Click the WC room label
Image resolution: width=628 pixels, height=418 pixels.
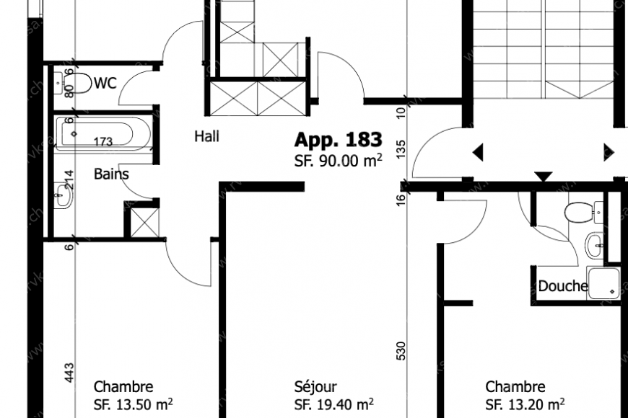click(x=105, y=84)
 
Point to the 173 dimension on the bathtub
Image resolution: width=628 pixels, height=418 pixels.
click(x=103, y=142)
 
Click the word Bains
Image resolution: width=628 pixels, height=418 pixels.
click(x=111, y=174)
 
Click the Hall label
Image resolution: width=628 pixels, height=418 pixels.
click(x=207, y=135)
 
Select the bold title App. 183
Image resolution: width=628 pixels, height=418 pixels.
click(x=338, y=140)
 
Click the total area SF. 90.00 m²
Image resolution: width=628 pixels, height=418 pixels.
click(x=338, y=161)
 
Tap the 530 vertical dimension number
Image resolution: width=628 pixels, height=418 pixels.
click(x=401, y=350)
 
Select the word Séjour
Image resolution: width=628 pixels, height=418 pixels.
click(x=315, y=387)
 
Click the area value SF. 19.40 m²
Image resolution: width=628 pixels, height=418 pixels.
click(x=333, y=404)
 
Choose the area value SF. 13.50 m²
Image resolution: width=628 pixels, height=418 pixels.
click(x=133, y=404)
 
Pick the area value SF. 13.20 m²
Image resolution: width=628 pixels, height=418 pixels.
click(x=524, y=404)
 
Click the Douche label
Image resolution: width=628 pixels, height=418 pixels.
click(x=562, y=286)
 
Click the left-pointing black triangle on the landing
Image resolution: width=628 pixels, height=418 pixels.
click(x=477, y=152)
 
